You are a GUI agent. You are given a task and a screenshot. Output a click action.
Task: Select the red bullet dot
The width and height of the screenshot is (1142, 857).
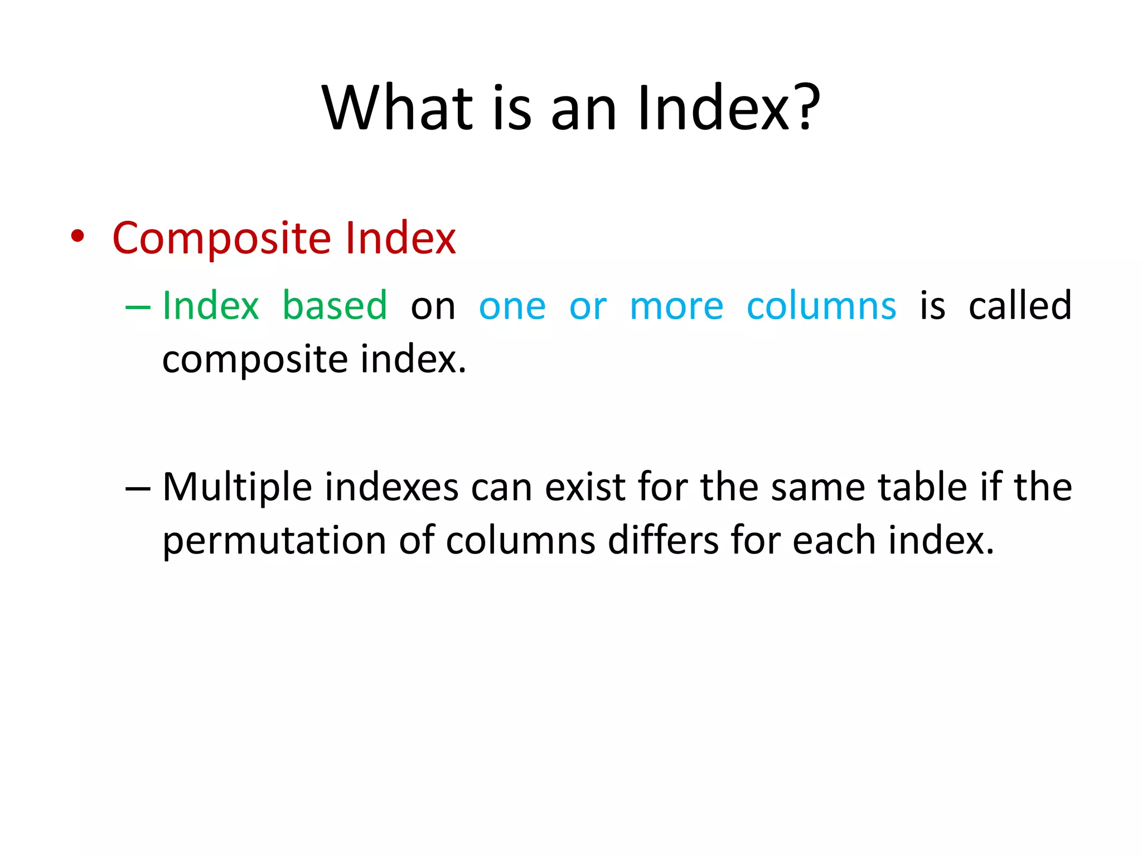click(78, 237)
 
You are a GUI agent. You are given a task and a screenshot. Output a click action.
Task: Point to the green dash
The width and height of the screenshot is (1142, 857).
click(138, 307)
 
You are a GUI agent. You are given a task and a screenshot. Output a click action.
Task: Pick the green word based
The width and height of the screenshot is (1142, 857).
click(335, 306)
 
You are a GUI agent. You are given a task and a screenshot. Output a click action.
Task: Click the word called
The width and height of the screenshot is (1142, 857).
click(1020, 306)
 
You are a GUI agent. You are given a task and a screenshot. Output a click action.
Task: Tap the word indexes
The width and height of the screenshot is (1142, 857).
click(392, 488)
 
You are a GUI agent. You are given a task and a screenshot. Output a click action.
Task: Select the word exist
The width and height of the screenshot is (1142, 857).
click(585, 488)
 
